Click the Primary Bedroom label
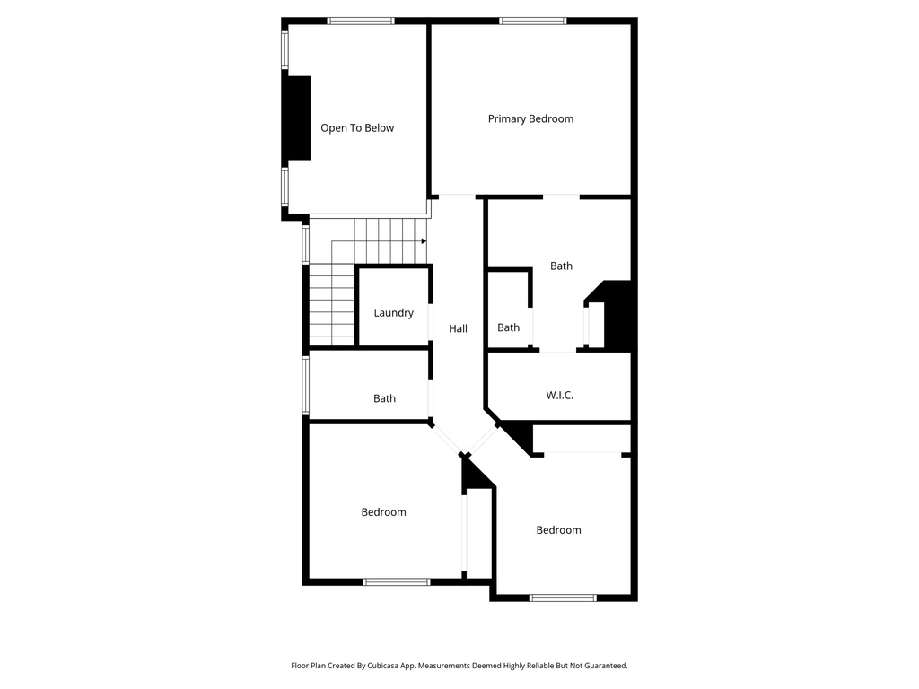coord(530,119)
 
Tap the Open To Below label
coord(357,128)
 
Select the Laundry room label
coord(393,313)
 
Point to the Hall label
coord(458,328)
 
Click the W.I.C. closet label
coord(560,396)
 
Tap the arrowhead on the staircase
coord(424,241)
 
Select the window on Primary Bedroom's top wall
coord(533,22)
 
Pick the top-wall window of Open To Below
coord(361,22)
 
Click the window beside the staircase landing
coord(305,244)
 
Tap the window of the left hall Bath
coord(305,386)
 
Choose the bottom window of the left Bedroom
coord(396,581)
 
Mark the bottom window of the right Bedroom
coord(563,597)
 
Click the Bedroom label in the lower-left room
coord(383,512)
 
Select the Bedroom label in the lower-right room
coord(558,530)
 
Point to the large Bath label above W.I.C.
coord(561,266)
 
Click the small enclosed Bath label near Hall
coord(508,327)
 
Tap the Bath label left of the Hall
coord(384,398)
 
